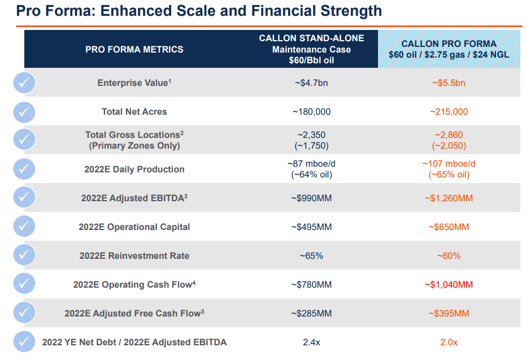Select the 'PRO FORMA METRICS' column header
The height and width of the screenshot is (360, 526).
pos(134,49)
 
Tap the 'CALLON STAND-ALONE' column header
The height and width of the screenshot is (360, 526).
pos(311,38)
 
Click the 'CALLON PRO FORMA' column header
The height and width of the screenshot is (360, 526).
pos(449,44)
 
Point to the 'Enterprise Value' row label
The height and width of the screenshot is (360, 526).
pos(134,83)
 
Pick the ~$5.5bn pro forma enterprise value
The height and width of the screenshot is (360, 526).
pos(449,83)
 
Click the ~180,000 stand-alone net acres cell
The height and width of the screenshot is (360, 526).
pos(311,112)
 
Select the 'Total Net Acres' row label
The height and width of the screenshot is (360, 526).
pos(134,112)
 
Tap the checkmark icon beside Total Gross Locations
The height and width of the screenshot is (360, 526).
pos(24,140)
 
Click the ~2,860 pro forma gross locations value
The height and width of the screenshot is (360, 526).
pos(449,135)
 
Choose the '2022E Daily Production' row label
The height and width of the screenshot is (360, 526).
pos(134,169)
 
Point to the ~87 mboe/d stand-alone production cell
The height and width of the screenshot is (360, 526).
pos(311,164)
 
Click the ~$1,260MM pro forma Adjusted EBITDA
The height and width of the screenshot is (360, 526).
pos(449,198)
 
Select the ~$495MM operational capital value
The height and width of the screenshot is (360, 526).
pos(311,227)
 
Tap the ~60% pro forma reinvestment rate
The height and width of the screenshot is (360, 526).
pos(449,256)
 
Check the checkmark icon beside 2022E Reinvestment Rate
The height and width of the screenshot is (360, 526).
pos(24,255)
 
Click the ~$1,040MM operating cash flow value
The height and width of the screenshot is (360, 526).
pos(449,285)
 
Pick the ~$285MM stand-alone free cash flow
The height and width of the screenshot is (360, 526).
pos(311,314)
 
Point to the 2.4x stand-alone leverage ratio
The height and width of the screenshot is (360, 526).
pos(311,342)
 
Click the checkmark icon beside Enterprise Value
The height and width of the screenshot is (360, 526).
pos(24,83)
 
